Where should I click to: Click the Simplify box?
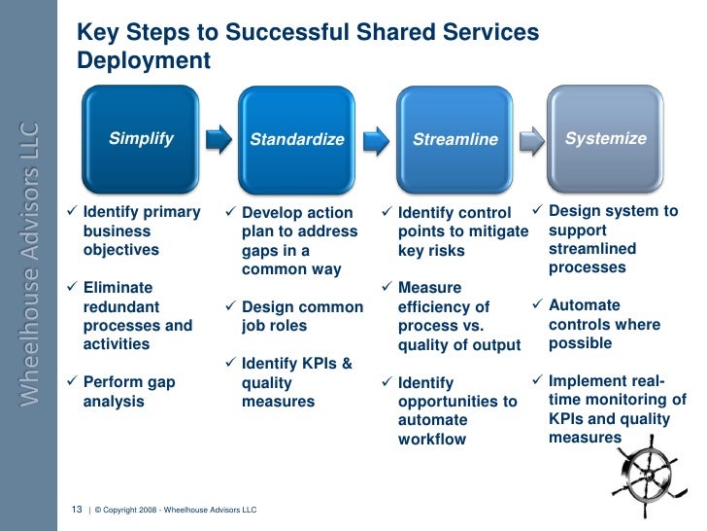tap(141, 138)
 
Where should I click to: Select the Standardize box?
tap(297, 139)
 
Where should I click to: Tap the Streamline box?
tap(454, 139)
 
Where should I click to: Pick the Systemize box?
tap(605, 138)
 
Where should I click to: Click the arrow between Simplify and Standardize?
tap(219, 139)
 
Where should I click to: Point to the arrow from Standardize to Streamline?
tap(377, 139)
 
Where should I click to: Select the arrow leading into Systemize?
tap(531, 139)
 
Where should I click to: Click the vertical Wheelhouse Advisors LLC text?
tap(29, 263)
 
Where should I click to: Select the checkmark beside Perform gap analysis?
tap(74, 382)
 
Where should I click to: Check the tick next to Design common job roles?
tap(231, 307)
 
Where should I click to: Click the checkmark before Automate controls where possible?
tap(539, 305)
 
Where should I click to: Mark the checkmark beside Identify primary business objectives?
tap(74, 212)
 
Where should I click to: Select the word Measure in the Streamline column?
tap(430, 288)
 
